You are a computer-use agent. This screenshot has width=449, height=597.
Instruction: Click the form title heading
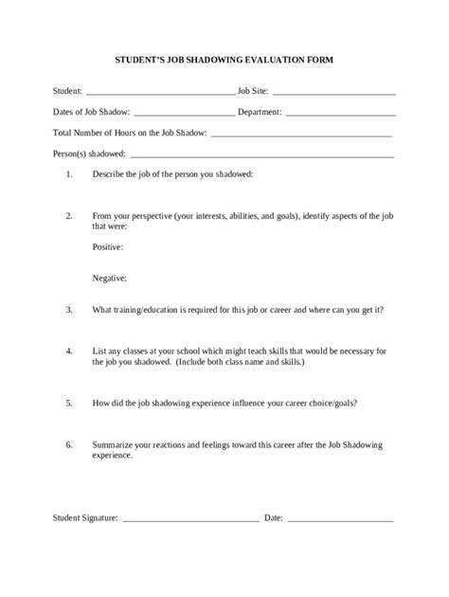click(x=224, y=59)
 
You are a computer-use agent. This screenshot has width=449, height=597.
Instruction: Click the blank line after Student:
click(x=160, y=94)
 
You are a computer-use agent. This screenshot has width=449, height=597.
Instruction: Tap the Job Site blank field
click(x=333, y=94)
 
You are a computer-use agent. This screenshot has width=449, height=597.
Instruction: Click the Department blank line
click(x=340, y=114)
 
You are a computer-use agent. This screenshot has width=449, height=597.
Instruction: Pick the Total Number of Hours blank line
click(x=302, y=134)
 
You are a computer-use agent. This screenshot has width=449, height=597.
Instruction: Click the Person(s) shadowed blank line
click(x=262, y=154)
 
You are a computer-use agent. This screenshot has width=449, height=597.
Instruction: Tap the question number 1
click(x=69, y=174)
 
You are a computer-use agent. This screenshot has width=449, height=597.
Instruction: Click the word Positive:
click(x=108, y=246)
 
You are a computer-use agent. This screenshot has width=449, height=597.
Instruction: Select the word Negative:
click(x=110, y=278)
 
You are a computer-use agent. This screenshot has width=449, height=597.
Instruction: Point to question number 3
click(x=69, y=309)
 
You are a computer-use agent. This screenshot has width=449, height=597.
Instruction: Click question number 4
click(x=69, y=351)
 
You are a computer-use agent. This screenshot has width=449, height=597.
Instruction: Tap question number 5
click(x=69, y=402)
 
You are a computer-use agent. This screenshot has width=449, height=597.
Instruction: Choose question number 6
click(x=69, y=443)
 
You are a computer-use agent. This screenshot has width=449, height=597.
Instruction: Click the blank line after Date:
click(x=340, y=520)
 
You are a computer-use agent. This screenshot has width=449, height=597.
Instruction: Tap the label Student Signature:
click(x=85, y=518)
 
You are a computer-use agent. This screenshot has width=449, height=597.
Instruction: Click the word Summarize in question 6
click(x=115, y=443)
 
